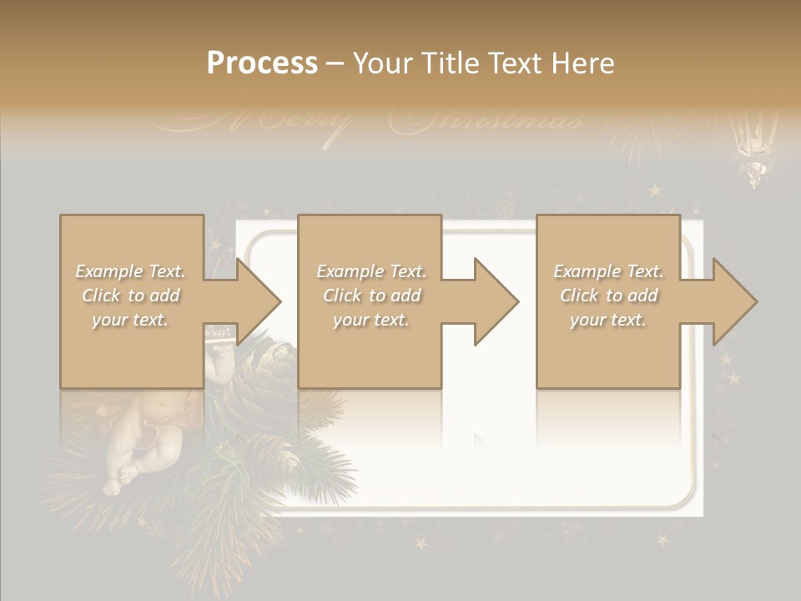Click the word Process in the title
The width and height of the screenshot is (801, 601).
262,63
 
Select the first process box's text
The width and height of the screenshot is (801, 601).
130,295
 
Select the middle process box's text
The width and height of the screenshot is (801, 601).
371,295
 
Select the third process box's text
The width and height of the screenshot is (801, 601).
608,295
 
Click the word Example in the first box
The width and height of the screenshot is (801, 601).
109,271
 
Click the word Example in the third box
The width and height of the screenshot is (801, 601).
587,271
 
